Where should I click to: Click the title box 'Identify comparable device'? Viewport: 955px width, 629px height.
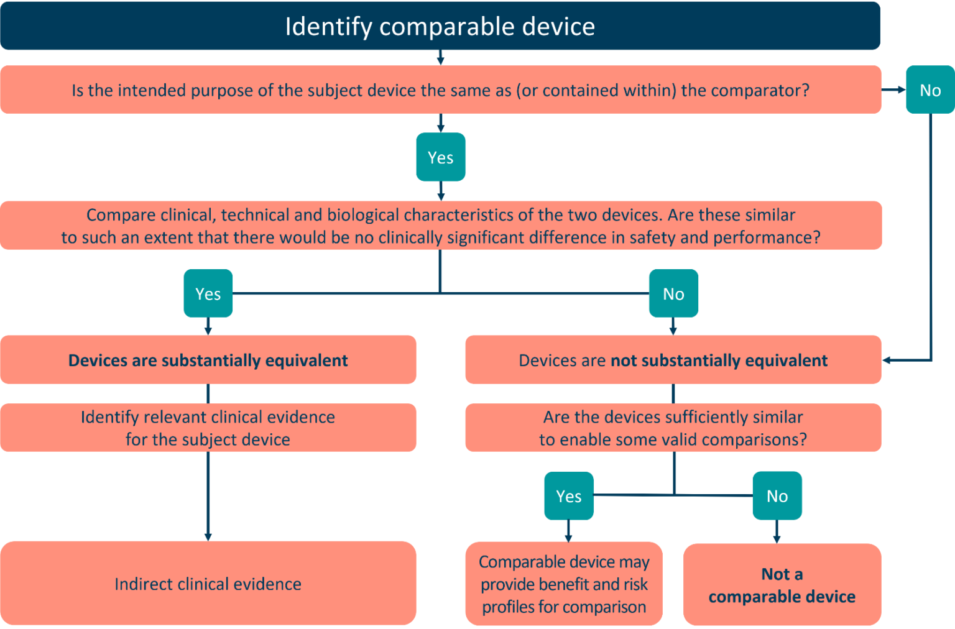pos(440,26)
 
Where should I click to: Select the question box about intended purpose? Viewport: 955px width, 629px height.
pos(440,90)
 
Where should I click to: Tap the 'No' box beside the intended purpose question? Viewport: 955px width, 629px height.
pos(930,90)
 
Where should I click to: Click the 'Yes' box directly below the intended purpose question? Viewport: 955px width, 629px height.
pos(440,157)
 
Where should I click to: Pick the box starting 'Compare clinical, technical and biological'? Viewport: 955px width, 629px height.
pos(440,226)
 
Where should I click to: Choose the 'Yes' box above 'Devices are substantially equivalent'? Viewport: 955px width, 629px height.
pos(208,293)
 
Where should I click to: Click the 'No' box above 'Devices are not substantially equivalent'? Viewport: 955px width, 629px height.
pos(673,293)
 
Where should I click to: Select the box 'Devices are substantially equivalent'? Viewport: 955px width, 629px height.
pos(208,360)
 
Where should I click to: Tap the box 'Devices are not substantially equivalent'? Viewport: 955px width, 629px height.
pos(673,360)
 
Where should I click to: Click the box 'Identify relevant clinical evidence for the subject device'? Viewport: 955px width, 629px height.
pos(208,428)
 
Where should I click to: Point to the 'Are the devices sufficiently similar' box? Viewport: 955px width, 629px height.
pos(673,428)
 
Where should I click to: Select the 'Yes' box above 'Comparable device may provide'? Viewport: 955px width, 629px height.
pos(568,496)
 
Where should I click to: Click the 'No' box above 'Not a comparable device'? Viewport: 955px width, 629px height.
pos(777,496)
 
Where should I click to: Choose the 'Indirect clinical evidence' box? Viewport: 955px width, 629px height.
pos(208,584)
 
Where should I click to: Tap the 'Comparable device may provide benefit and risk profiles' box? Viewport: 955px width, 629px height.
pos(564,584)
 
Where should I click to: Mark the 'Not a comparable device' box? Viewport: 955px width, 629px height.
pos(782,585)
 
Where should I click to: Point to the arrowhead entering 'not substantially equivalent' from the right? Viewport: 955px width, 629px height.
pos(887,360)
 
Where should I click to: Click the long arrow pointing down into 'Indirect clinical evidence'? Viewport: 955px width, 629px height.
pos(208,497)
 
